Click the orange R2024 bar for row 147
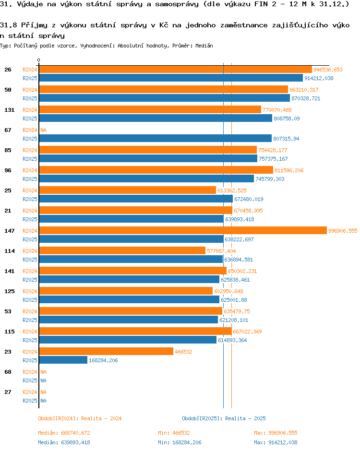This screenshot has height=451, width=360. (x=182, y=230)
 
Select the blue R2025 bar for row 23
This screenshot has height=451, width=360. (x=63, y=360)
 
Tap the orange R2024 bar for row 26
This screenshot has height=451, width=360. (x=175, y=69)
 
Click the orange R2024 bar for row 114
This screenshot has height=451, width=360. (x=122, y=250)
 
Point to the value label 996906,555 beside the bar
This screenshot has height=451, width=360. (x=343, y=231)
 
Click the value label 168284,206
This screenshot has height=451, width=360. (x=103, y=360)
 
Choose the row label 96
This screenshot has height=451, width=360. (x=8, y=170)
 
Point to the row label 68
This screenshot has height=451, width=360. (x=8, y=372)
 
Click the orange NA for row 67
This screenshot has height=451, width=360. (x=43, y=130)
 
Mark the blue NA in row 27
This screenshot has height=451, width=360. (x=43, y=401)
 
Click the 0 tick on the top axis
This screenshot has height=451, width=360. (x=39, y=60)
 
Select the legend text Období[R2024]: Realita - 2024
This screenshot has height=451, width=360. (x=80, y=418)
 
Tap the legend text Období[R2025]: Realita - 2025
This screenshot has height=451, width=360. (x=224, y=418)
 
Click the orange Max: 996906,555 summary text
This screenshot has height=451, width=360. (x=276, y=433)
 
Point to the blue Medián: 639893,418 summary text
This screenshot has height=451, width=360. (x=64, y=442)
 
